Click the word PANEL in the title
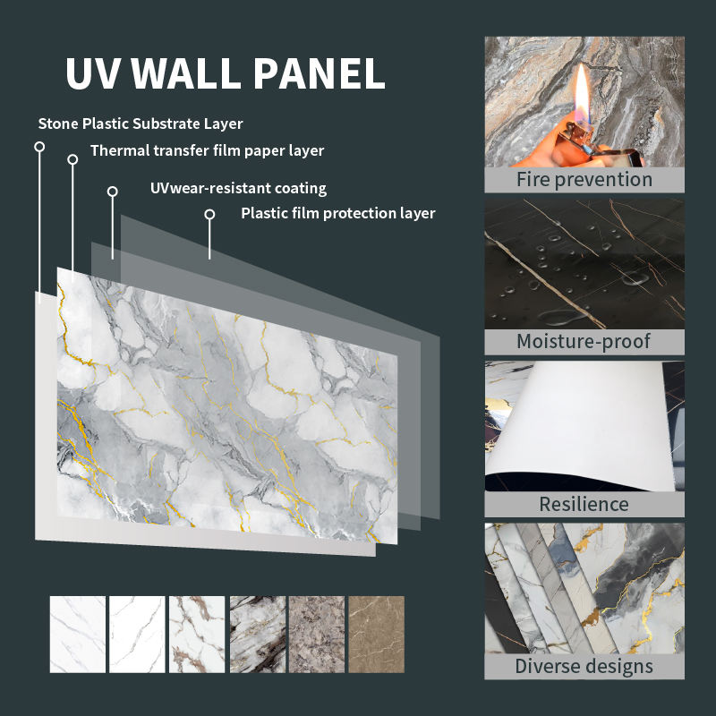[x=320, y=73]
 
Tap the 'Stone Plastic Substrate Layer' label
[x=141, y=124]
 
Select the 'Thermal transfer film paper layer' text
[x=207, y=150]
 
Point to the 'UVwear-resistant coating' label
[x=238, y=188]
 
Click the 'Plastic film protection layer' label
[x=338, y=213]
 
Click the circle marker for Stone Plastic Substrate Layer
[x=39, y=147]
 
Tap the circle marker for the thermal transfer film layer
[x=72, y=159]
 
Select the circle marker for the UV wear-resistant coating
[x=113, y=192]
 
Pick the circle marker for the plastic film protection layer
[x=209, y=214]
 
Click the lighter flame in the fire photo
[x=582, y=94]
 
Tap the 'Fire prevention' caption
[x=584, y=180]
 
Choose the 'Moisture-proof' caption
[x=584, y=342]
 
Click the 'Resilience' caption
[x=584, y=504]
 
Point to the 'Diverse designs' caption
[x=584, y=666]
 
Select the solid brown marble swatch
[x=376, y=635]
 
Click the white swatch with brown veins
[x=197, y=635]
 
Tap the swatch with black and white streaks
[x=258, y=635]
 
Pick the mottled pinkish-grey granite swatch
[x=317, y=635]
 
